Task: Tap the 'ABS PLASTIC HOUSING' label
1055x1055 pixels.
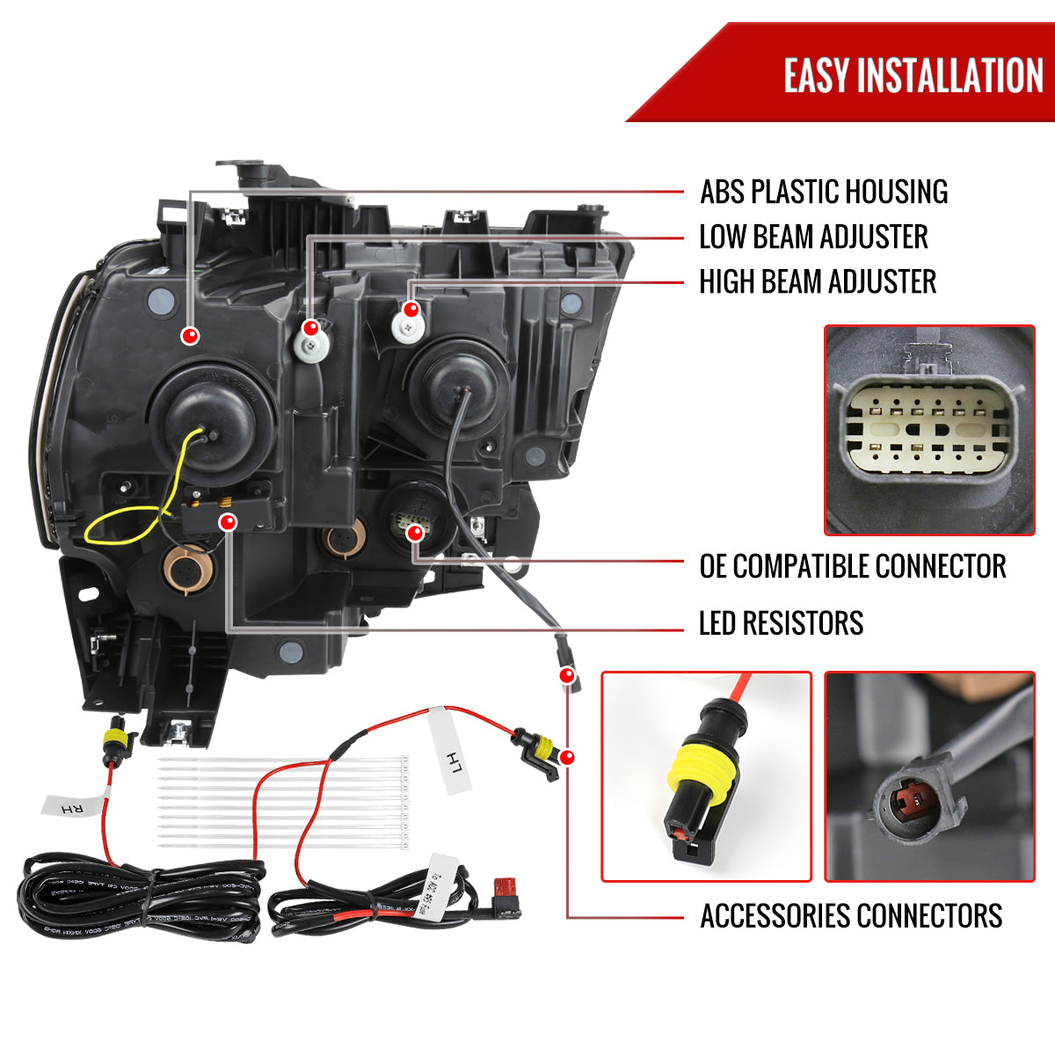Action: (x=824, y=192)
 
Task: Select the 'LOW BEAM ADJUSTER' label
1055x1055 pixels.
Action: (x=813, y=236)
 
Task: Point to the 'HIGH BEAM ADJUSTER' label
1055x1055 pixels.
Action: (x=818, y=282)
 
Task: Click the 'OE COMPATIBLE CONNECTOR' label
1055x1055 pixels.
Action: (x=852, y=566)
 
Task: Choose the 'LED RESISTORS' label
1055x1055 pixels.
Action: (x=781, y=623)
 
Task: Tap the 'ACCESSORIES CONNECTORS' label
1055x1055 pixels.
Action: (x=850, y=916)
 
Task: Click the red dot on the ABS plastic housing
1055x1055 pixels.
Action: (x=190, y=335)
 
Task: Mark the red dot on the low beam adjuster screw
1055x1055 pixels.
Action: (x=310, y=329)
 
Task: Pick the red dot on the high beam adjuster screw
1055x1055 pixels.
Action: (x=411, y=309)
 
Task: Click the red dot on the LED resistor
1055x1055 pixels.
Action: (x=229, y=523)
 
